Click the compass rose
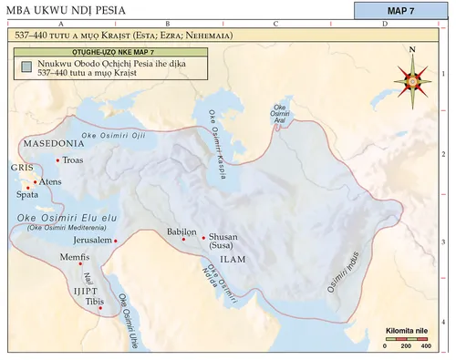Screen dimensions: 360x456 click(413, 79)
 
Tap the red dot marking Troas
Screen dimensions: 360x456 click(57, 161)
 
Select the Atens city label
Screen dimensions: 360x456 click(50, 182)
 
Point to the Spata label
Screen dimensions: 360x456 click(27, 195)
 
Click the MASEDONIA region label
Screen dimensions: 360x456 click(54, 144)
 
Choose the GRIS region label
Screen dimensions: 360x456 click(21, 169)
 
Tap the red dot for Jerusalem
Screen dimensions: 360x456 click(115, 241)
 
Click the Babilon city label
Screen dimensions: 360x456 click(182, 231)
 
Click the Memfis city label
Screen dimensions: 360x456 click(73, 257)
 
